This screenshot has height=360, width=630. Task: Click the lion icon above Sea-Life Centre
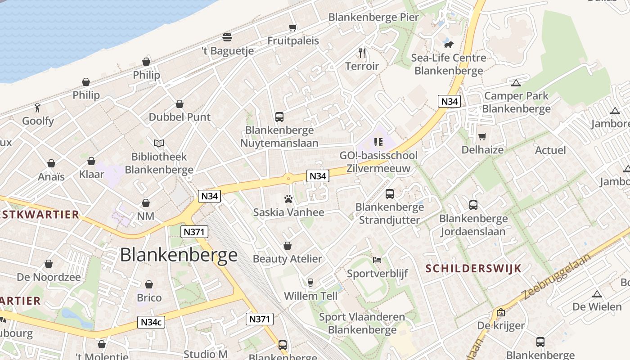pyautogui.click(x=448, y=45)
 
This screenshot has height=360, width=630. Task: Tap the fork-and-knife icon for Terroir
pyautogui.click(x=362, y=53)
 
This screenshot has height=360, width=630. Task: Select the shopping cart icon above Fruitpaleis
pyautogui.click(x=293, y=27)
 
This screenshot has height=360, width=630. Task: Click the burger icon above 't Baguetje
pyautogui.click(x=227, y=37)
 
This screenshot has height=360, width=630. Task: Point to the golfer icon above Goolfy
pyautogui.click(x=38, y=108)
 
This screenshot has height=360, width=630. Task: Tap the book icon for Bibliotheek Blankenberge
pyautogui.click(x=158, y=143)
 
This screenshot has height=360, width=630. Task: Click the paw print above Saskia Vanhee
pyautogui.click(x=288, y=198)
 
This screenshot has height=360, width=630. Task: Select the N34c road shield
pyautogui.click(x=151, y=322)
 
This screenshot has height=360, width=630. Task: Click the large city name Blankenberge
pyautogui.click(x=179, y=255)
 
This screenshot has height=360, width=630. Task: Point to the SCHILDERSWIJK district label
pyautogui.click(x=473, y=269)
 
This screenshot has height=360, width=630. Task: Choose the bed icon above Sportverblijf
pyautogui.click(x=377, y=260)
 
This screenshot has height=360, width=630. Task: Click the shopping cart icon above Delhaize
pyautogui.click(x=482, y=136)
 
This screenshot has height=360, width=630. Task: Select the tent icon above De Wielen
pyautogui.click(x=597, y=294)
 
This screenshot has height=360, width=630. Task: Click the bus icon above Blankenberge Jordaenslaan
pyautogui.click(x=473, y=205)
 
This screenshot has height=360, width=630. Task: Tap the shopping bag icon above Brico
pyautogui.click(x=149, y=284)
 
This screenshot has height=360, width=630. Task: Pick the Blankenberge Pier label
pyautogui.click(x=373, y=18)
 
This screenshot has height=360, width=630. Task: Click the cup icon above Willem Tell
pyautogui.click(x=310, y=283)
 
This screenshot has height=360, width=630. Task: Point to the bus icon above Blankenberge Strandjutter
pyautogui.click(x=390, y=194)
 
